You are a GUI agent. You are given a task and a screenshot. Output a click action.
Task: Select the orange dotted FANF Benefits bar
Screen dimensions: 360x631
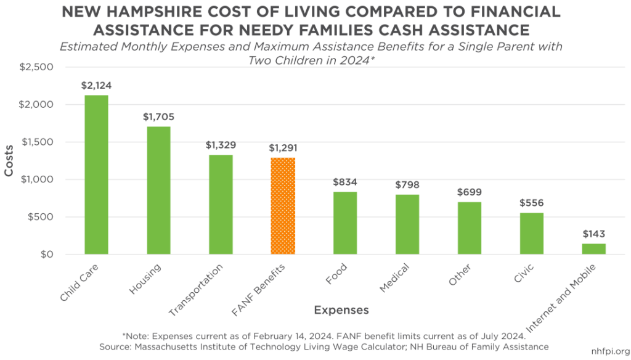point(283,206)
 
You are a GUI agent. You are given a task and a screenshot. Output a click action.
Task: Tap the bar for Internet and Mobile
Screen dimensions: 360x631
point(594,249)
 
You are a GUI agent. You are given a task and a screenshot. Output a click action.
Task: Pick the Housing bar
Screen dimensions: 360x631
point(158,190)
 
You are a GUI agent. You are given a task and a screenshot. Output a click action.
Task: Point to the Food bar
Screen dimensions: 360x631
point(345,223)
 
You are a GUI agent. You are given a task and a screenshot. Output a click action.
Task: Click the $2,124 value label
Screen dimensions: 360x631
point(96,86)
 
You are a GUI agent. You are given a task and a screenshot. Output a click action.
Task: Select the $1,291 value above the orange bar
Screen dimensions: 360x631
point(283,148)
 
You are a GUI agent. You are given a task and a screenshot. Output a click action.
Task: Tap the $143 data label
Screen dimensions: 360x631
point(594,234)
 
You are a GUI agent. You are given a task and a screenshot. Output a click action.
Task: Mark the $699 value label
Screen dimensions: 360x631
point(470,192)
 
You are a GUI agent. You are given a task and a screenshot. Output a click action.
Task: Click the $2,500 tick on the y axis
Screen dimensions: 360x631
point(38,67)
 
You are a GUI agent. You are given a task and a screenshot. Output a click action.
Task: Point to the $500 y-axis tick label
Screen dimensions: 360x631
point(41,217)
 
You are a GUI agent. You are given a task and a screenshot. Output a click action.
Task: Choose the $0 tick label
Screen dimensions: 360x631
point(47,255)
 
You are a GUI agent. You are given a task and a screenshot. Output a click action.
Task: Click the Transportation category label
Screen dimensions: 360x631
point(197,290)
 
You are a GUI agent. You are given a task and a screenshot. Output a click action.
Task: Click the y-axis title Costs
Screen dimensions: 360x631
point(10,161)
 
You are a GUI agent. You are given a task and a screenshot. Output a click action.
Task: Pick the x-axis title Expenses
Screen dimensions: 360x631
point(341,309)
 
